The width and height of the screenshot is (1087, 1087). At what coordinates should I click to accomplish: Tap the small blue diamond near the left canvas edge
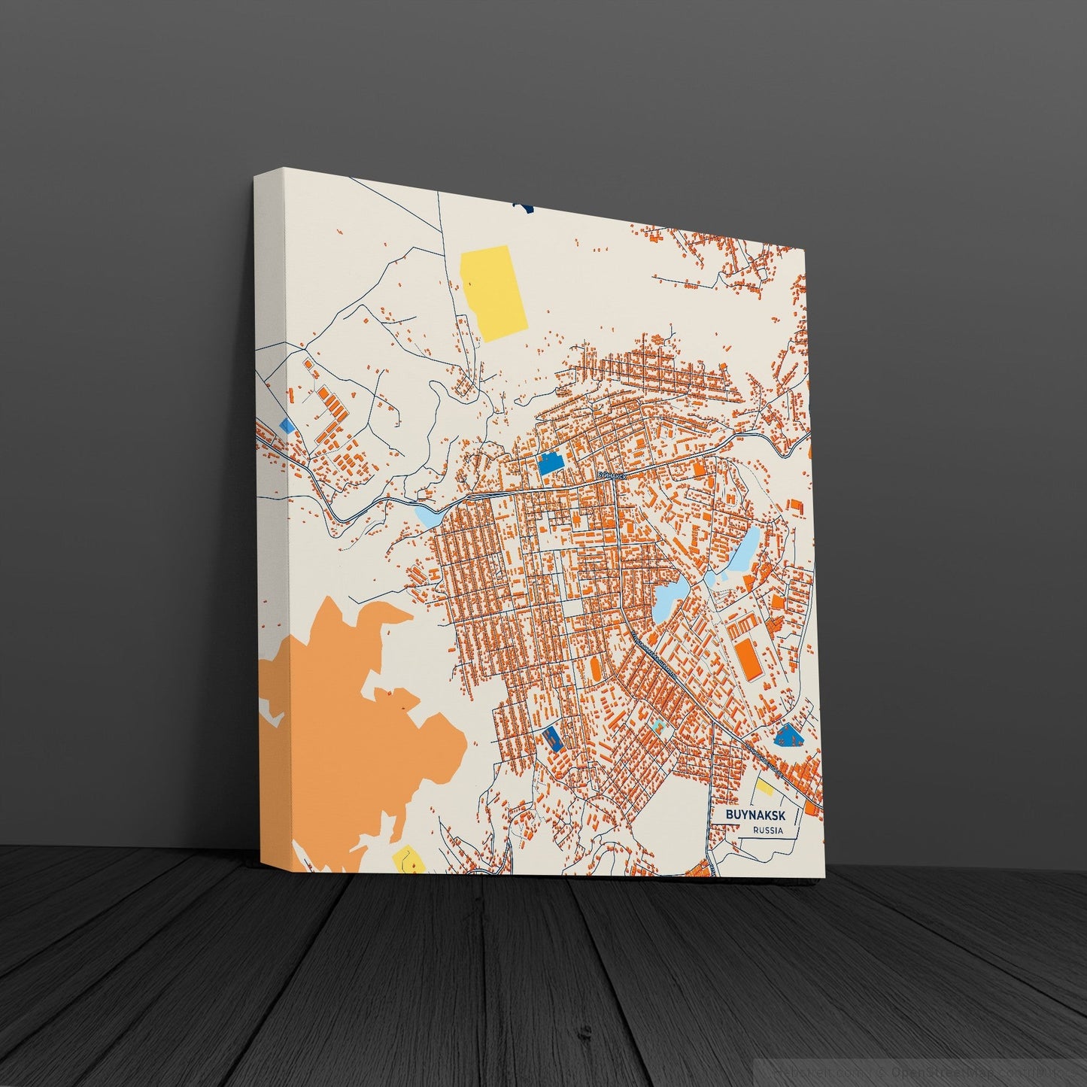click(287, 426)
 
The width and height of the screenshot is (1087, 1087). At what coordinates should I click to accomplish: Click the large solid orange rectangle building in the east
click(748, 659)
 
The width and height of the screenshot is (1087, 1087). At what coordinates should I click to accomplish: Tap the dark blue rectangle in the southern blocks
click(553, 737)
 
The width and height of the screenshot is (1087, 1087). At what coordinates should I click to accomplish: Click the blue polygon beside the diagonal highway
click(789, 733)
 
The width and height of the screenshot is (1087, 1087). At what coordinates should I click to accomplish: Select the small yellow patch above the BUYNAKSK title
click(765, 788)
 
